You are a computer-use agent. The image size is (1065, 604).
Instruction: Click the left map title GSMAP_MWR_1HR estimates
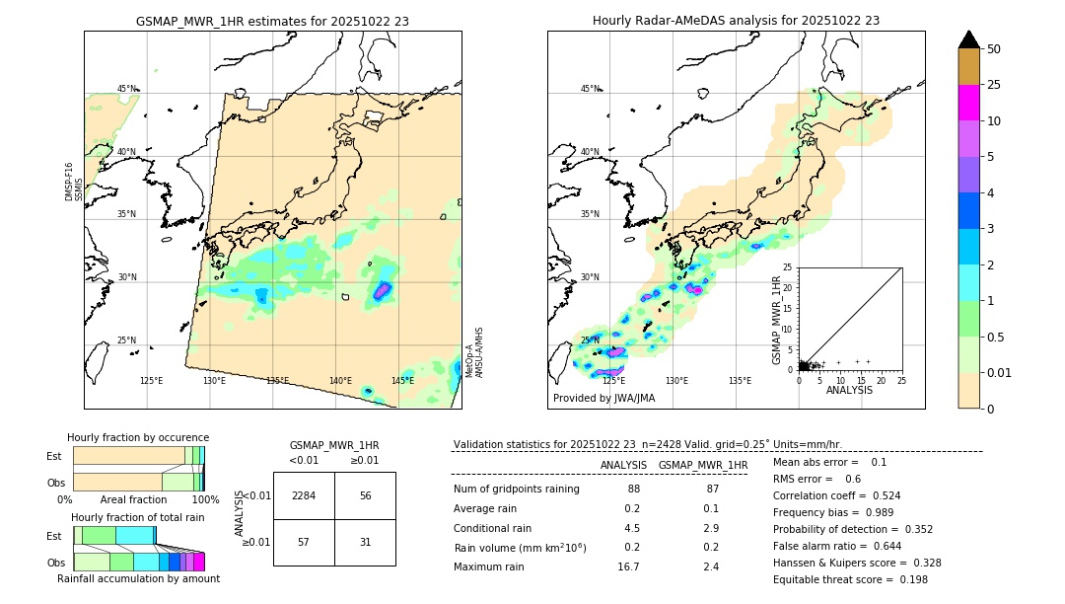[272, 21]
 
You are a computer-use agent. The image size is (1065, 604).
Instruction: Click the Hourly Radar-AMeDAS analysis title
[736, 21]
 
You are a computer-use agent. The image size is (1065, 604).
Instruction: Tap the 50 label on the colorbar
[994, 49]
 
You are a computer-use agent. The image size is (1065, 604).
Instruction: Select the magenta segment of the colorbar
[969, 103]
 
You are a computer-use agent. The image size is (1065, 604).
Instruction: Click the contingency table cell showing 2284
[304, 495]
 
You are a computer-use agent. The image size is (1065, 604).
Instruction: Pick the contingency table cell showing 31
[365, 542]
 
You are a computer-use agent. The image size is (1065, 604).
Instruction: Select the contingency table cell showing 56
[365, 495]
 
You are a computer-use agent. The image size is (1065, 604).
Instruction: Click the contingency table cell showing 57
[304, 542]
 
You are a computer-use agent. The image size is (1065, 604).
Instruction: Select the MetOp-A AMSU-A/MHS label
[473, 352]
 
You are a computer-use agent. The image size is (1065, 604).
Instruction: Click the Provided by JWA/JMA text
[603, 399]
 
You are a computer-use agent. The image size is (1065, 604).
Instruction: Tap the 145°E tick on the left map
[402, 381]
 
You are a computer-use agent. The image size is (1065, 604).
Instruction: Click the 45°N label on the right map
[590, 89]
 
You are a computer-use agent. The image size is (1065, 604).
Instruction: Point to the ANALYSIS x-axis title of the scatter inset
[849, 391]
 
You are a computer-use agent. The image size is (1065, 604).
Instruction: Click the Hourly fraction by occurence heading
[138, 438]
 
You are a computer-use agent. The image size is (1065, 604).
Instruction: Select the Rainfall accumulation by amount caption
[138, 579]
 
